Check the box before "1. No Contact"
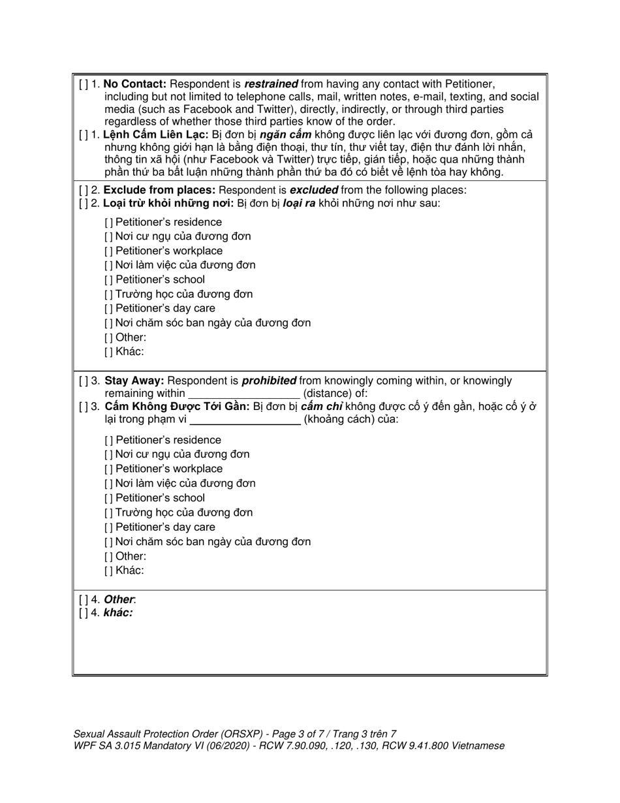(x=84, y=84)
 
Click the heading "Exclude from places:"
(x=159, y=190)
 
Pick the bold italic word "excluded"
(x=313, y=190)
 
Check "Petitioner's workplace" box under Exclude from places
(x=108, y=251)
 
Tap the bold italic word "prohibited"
(x=269, y=381)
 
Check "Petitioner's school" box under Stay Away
(x=108, y=498)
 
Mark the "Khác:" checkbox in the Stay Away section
(x=108, y=571)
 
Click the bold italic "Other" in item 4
(x=119, y=599)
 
